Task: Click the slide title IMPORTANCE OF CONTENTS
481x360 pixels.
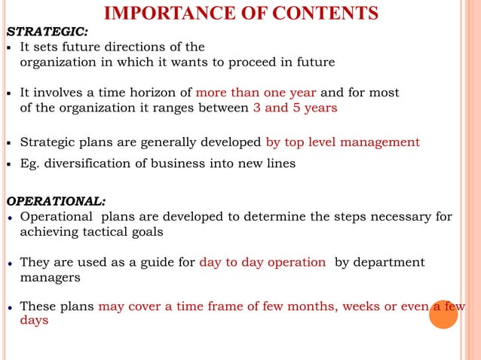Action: click(x=240, y=13)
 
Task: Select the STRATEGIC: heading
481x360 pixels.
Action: click(x=47, y=32)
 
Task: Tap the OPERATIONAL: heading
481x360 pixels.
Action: click(x=56, y=201)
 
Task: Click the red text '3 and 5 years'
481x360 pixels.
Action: click(x=295, y=108)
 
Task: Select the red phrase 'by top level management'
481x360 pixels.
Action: click(x=342, y=142)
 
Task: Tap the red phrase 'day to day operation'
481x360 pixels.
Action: click(x=262, y=262)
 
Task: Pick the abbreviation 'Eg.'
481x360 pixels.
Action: click(x=30, y=163)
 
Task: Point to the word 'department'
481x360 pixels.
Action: click(x=387, y=262)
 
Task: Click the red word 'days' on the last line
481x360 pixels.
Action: click(x=34, y=321)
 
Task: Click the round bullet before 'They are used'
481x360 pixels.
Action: click(x=9, y=263)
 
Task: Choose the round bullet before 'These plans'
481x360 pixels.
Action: click(x=9, y=307)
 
